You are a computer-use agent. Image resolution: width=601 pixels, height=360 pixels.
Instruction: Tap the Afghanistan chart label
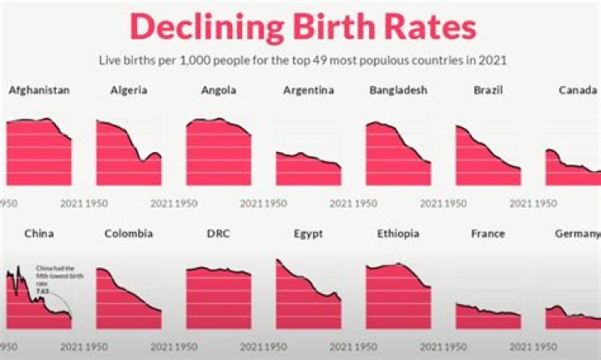click(38, 91)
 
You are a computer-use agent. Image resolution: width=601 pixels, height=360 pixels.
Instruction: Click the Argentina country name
click(309, 91)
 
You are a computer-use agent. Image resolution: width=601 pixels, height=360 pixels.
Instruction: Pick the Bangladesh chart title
click(399, 91)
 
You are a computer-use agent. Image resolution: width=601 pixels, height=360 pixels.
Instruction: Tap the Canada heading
click(578, 91)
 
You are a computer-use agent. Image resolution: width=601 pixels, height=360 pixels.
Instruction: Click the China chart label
click(39, 234)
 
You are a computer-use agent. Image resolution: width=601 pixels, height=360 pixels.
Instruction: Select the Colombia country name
click(129, 234)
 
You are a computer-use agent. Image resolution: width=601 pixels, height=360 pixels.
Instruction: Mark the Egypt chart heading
click(308, 234)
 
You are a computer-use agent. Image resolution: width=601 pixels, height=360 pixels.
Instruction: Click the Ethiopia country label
click(398, 234)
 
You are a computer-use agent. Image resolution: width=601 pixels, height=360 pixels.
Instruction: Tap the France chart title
click(487, 234)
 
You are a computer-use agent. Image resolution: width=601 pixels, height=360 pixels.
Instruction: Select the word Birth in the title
click(329, 27)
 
